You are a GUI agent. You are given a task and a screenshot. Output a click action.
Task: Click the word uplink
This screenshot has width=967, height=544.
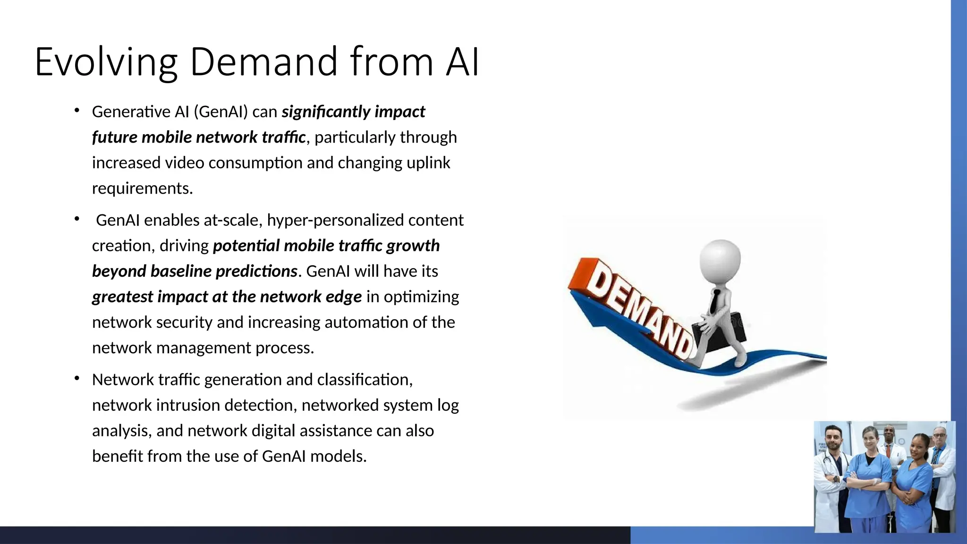pos(428,163)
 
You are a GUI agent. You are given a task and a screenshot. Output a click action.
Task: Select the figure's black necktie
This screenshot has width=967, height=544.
pos(715,302)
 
